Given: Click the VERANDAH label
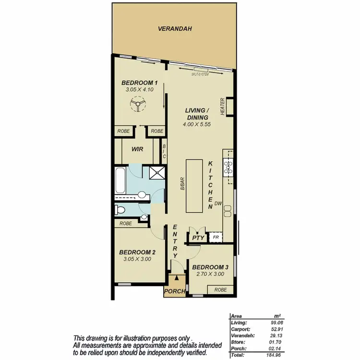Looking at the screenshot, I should coord(175,29).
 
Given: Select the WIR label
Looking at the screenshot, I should coord(138,149).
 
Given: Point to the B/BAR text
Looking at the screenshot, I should coord(182,185).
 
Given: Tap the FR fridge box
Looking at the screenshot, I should coord(216,238).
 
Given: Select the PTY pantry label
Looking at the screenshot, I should coord(198,238).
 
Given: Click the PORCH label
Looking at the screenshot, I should coord(174,292).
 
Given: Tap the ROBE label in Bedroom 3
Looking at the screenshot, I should coord(220,289).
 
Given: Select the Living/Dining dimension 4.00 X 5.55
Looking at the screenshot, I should coord(196,124).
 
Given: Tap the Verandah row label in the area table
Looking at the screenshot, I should coord(241,336).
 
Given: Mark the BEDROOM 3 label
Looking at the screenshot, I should coord(210,267).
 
